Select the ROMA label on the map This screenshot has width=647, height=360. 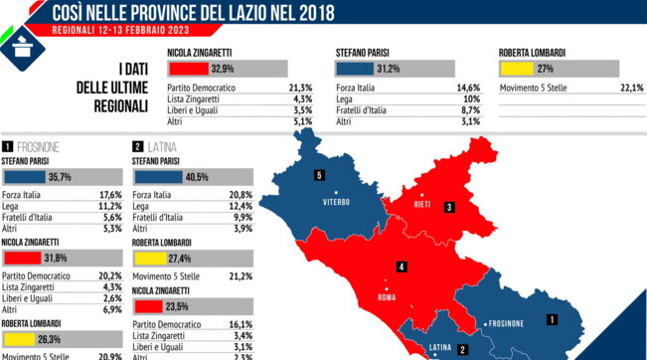tap(388, 296)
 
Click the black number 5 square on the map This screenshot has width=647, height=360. tap(319, 176)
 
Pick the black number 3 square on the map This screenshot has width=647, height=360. tap(449, 207)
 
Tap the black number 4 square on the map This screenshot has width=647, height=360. tap(401, 268)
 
